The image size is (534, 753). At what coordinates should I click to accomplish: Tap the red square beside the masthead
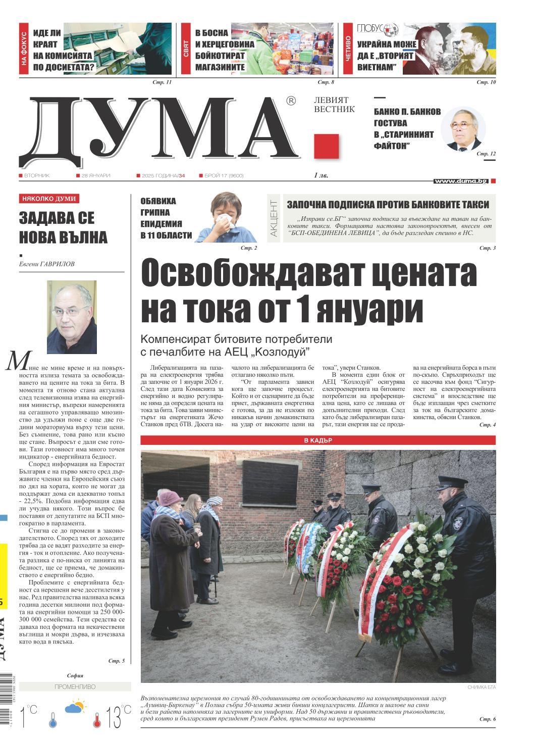point(326,146)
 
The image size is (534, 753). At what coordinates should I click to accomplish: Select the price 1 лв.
point(321,176)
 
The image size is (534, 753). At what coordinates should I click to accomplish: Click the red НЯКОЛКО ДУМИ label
point(49,199)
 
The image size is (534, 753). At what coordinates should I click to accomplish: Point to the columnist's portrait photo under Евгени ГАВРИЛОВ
point(72,317)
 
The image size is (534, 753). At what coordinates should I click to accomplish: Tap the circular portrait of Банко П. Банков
point(463,129)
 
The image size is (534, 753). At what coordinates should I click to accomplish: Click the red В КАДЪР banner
point(318,440)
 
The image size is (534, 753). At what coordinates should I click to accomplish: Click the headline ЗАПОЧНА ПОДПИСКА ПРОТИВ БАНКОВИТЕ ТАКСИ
point(388,204)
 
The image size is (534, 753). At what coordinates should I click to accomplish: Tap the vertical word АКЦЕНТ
point(274,218)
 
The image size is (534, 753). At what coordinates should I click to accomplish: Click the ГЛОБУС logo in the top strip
point(378,30)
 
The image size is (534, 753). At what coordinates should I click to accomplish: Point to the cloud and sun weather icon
point(74,707)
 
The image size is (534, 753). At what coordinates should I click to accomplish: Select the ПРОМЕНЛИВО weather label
point(75,687)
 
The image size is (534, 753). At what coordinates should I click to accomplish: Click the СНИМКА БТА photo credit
point(481,687)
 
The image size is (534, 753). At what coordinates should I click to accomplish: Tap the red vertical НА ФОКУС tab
point(25,49)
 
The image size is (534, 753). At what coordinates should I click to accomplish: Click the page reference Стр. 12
point(486,153)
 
